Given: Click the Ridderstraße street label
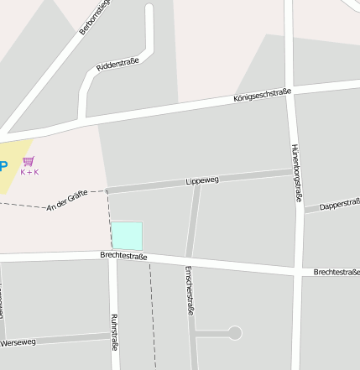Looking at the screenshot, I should pyautogui.click(x=117, y=65).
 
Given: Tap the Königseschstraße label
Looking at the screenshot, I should pyautogui.click(x=262, y=97).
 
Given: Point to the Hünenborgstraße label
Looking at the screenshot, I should pyautogui.click(x=295, y=172).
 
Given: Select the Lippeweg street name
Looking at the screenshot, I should pyautogui.click(x=201, y=180).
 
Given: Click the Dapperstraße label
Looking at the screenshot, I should pyautogui.click(x=340, y=205).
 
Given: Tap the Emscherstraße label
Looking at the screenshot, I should pyautogui.click(x=189, y=289).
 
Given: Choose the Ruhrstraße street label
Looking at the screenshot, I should pyautogui.click(x=114, y=331).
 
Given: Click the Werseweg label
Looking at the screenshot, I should pyautogui.click(x=18, y=342).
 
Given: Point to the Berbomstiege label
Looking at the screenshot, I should pyautogui.click(x=95, y=16).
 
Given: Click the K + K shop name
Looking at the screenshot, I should pyautogui.click(x=29, y=172).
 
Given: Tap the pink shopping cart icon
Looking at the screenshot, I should pyautogui.click(x=29, y=160).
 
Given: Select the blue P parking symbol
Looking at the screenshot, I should pyautogui.click(x=3, y=165).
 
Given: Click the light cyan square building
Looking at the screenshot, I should pyautogui.click(x=127, y=236).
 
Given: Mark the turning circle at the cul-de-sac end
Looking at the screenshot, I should pyautogui.click(x=235, y=333).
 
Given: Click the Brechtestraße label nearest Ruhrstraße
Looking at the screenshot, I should pyautogui.click(x=123, y=255).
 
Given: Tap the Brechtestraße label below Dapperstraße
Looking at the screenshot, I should pyautogui.click(x=337, y=272).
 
